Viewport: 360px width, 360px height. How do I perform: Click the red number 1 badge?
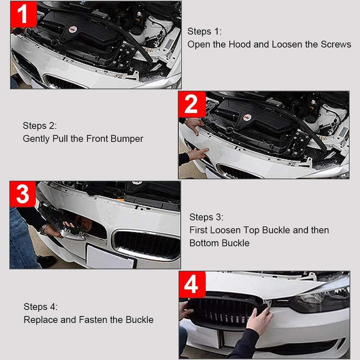(x=23, y=14)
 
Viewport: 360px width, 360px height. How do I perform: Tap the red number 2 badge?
(x=192, y=104)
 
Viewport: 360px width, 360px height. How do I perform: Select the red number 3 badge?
(x=23, y=194)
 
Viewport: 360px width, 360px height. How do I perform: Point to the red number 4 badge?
(x=192, y=285)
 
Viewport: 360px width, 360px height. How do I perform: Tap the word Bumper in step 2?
(x=127, y=138)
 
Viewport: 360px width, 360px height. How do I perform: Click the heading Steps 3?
(x=206, y=217)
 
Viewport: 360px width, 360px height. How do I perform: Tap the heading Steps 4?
(x=40, y=306)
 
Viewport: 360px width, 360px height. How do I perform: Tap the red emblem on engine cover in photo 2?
(x=247, y=117)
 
